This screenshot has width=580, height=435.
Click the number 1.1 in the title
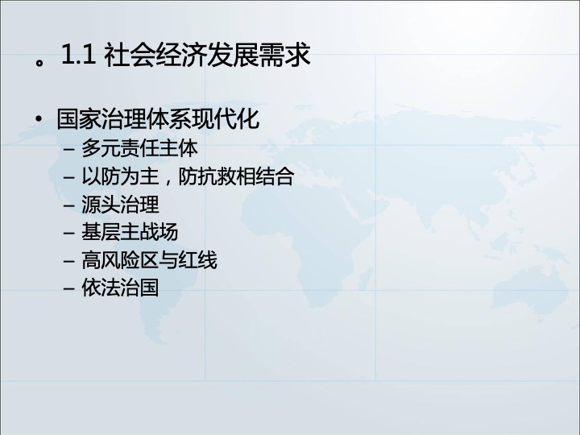pyautogui.click(x=79, y=55)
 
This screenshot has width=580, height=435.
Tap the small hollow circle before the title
pyautogui.click(x=39, y=63)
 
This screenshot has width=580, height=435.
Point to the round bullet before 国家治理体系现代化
pyautogui.click(x=39, y=119)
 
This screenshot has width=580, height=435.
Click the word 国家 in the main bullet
pyautogui.click(x=79, y=119)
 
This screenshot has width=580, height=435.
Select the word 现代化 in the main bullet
pyautogui.click(x=226, y=119)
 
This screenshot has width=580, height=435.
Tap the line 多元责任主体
pyautogui.click(x=139, y=148)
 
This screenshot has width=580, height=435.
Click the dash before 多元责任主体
pyautogui.click(x=69, y=150)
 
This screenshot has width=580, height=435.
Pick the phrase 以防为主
pyautogui.click(x=120, y=176)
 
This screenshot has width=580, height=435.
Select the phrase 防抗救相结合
pyautogui.click(x=236, y=176)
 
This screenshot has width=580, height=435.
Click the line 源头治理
pyautogui.click(x=120, y=205)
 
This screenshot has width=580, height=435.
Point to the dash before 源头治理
pyautogui.click(x=69, y=205)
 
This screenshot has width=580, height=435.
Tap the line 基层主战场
pyautogui.click(x=130, y=232)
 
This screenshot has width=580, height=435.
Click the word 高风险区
pyautogui.click(x=120, y=260)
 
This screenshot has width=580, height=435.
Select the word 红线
pyautogui.click(x=197, y=260)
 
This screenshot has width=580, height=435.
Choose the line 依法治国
pyautogui.click(x=120, y=288)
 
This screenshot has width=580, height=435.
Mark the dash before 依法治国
pyautogui.click(x=69, y=289)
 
